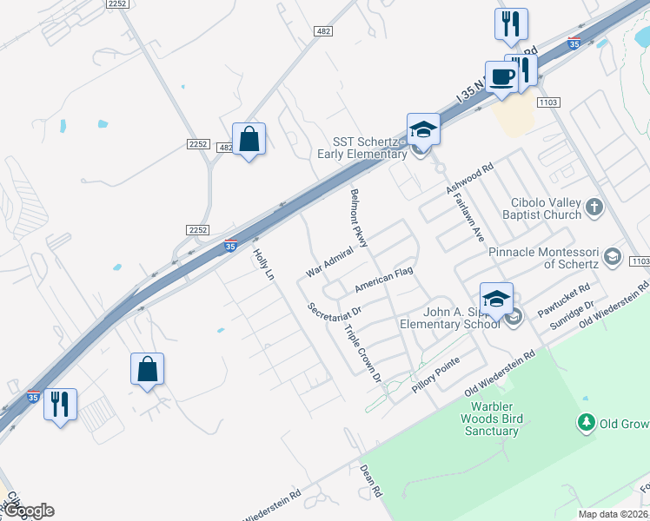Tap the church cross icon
594,207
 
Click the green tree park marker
587,423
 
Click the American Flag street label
383,280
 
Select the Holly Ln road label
263,265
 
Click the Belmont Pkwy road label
360,217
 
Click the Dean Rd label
371,479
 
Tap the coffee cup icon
501,76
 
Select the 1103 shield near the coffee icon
547,102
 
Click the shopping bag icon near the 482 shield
249,139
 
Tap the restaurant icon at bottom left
60,405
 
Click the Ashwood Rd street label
469,176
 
